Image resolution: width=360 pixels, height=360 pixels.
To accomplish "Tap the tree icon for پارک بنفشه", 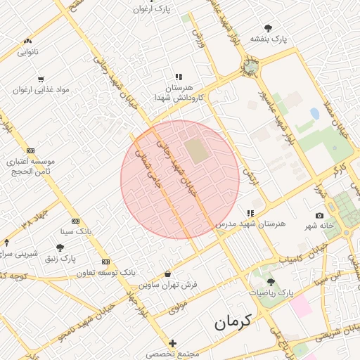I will (x=268, y=28).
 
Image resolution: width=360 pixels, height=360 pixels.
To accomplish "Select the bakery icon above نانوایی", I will (x=27, y=41).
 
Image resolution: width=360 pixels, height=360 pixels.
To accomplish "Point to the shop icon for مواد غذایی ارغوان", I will (x=40, y=79).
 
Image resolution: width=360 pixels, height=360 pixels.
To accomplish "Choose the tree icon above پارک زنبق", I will (x=60, y=247).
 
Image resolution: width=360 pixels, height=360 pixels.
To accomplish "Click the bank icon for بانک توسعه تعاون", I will (x=105, y=262).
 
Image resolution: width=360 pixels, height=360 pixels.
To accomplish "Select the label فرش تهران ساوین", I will (x=168, y=285).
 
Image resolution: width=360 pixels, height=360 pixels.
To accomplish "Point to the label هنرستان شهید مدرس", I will (x=251, y=223).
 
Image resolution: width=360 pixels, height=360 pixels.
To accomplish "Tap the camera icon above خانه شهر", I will (x=320, y=215).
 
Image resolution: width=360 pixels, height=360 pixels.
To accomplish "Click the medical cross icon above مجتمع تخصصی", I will (x=173, y=342).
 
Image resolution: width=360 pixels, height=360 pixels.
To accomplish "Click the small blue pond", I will (x=314, y=113).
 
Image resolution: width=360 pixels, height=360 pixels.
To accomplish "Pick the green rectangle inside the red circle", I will (x=196, y=150).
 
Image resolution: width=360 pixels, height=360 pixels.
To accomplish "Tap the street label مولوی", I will (x=179, y=307).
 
